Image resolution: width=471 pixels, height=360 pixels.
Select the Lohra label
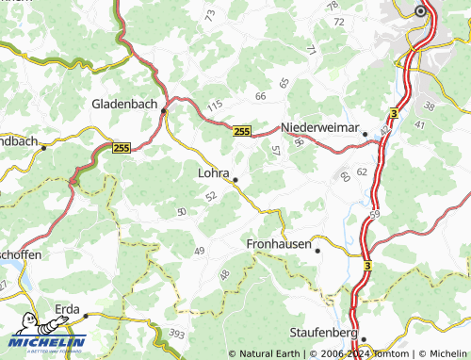coord(215,172)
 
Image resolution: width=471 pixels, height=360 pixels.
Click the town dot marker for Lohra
coord(235,179)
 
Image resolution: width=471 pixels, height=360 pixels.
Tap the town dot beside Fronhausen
coord(317,251)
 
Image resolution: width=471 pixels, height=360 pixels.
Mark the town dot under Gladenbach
coord(163,110)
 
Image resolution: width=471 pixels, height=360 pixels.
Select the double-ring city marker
coord(420,11)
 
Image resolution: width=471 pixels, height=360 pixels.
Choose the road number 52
coord(210,195)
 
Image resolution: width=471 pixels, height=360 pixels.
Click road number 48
coord(224,274)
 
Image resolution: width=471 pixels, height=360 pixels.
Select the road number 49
coord(199,250)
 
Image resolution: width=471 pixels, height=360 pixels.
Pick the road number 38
coord(430,106)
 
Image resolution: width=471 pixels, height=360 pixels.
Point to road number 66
coord(261,96)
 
